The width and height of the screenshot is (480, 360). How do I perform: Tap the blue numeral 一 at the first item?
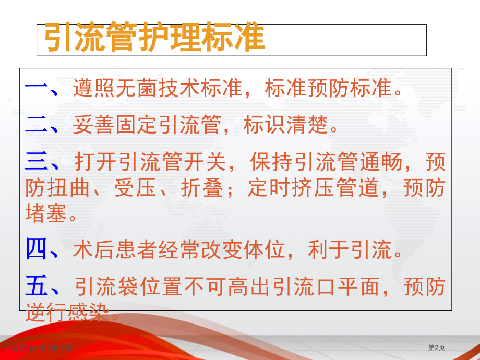point(37,88)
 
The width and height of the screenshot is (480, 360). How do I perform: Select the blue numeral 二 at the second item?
point(37,125)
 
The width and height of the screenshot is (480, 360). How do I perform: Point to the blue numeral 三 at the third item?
point(37,162)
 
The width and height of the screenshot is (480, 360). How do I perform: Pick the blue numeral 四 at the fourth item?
point(37,250)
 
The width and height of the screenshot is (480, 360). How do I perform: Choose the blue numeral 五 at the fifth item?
point(37,286)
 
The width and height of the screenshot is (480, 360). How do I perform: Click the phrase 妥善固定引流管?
point(146,125)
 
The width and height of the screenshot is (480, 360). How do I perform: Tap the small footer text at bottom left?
point(39,347)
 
